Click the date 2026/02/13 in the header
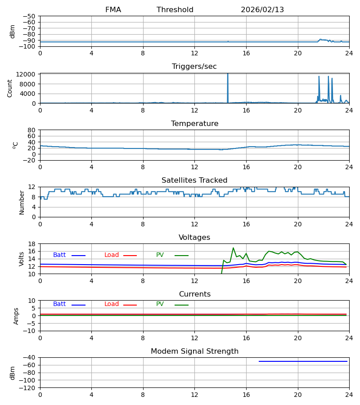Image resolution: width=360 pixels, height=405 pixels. pos(262,10)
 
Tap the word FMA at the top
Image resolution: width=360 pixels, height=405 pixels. pos(113,10)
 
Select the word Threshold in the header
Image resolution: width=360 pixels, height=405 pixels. pos(175,10)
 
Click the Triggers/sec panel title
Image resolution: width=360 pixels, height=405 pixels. pos(194,67)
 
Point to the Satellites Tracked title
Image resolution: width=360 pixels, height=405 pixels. pos(194,180)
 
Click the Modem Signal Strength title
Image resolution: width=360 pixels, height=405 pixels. pos(194,351)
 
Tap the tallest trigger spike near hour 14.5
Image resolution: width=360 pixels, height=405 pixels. pos(228,74)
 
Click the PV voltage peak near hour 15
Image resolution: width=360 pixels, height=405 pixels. pos(233,248)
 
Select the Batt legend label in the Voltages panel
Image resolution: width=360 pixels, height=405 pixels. pos(59,255)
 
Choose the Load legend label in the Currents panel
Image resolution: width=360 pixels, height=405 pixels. pos(112,304)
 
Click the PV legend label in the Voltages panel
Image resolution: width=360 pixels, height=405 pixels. pos(160,255)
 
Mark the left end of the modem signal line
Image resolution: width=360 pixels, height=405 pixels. pos(259,361)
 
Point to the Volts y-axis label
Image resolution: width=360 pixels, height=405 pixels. pos(22,259)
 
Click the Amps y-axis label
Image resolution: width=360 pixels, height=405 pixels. pos(16,316)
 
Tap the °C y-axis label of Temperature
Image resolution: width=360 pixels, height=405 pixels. pos(16,145)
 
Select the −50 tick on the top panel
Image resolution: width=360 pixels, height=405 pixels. pos(30,16)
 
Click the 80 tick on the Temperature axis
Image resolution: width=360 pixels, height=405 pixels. pos(31,130)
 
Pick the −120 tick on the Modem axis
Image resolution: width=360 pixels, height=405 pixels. pos(28,387)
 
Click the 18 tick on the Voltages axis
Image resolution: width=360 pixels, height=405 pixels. pos(31,244)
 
